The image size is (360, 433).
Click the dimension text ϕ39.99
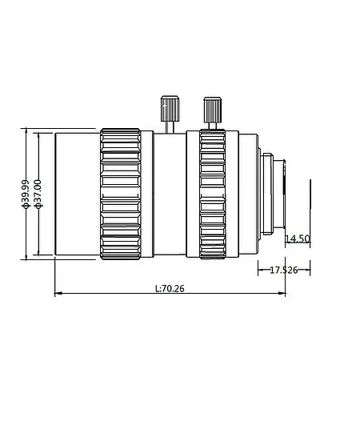26,194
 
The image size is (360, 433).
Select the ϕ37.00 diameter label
38,194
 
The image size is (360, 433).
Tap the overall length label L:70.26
168,288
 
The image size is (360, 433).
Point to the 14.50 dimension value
297,239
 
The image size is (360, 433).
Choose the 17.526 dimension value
283,270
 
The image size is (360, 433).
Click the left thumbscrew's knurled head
169,106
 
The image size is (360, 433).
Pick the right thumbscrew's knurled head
212,108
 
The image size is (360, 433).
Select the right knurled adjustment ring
212,193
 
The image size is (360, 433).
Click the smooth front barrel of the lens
76,193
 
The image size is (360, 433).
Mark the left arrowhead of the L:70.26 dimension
57,295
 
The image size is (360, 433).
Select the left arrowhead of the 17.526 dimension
259,270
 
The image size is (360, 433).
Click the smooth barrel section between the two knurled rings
169,193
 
